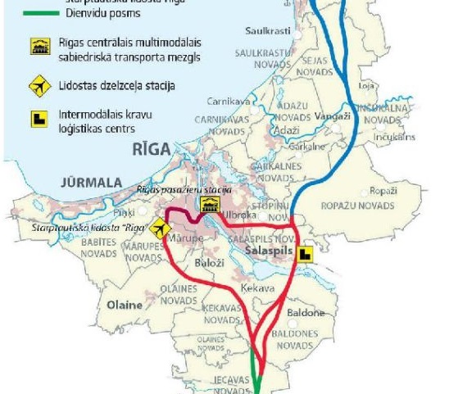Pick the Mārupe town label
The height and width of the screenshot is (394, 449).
coord(186,237)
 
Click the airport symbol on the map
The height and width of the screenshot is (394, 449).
coord(161,228)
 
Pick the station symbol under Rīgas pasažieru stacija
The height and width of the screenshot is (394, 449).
coord(208,205)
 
